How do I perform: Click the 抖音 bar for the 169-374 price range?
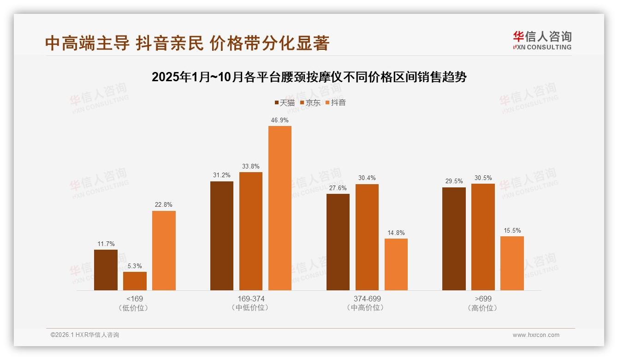(x=280, y=208)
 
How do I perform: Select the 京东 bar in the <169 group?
(x=135, y=281)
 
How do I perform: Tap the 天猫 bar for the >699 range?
(x=454, y=239)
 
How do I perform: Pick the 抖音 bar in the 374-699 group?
(x=396, y=264)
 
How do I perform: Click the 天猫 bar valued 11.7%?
(x=106, y=270)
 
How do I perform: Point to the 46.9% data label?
(x=280, y=120)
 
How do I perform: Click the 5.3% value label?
(x=135, y=266)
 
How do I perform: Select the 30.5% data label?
(x=483, y=178)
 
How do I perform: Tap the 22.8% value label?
(x=164, y=205)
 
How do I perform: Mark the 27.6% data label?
(x=338, y=188)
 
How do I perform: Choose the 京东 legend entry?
(x=310, y=102)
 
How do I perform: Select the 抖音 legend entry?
(x=335, y=102)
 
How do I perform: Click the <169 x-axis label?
(x=135, y=299)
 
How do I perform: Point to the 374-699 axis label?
(x=367, y=299)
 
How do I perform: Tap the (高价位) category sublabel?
(x=483, y=308)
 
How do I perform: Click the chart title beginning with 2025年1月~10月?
(x=309, y=77)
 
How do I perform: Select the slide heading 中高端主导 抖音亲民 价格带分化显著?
(x=187, y=43)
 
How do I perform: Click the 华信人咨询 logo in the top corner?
(x=542, y=40)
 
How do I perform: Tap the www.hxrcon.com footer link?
(x=536, y=335)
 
